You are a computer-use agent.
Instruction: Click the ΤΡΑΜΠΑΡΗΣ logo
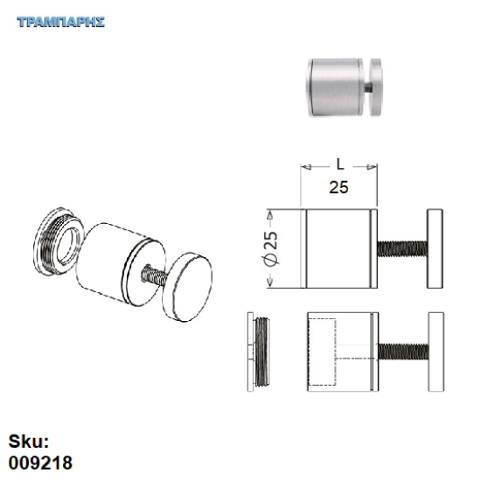click(x=60, y=21)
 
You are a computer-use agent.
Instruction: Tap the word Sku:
click(x=28, y=442)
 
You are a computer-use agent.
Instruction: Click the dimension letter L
click(x=339, y=164)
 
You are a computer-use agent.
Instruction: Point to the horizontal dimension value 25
click(x=339, y=185)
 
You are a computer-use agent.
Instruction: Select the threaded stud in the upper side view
click(x=401, y=247)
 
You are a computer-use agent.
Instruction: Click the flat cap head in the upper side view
click(x=436, y=247)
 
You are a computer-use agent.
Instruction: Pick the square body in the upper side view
click(x=339, y=247)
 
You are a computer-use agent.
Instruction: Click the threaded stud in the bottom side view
click(x=401, y=350)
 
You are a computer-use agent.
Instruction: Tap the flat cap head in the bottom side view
click(x=436, y=350)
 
